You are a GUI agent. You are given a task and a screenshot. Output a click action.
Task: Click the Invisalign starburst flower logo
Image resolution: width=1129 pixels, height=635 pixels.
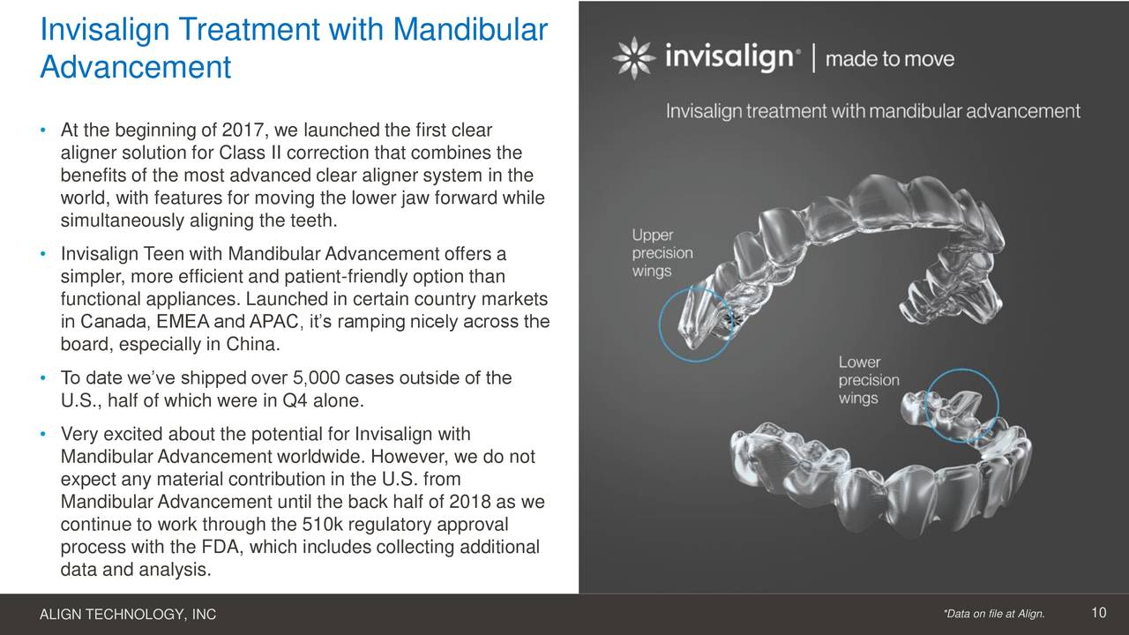(x=634, y=58)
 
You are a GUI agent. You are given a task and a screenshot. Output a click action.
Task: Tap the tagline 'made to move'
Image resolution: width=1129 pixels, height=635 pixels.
(x=890, y=59)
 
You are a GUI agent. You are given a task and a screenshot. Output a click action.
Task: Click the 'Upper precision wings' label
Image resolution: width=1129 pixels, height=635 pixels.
(x=662, y=253)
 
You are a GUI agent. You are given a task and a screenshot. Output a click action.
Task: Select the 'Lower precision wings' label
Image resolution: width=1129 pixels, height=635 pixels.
(x=869, y=380)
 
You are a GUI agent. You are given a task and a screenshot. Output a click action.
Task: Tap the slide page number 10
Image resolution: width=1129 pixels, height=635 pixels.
(x=1099, y=613)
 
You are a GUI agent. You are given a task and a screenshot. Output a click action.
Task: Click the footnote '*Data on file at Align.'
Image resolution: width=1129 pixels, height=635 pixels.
(x=994, y=614)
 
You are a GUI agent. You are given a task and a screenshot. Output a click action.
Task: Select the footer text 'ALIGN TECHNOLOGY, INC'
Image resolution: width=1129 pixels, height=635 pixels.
(x=128, y=615)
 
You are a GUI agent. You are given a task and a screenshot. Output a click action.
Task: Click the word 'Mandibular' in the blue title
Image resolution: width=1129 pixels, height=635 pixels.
(x=470, y=29)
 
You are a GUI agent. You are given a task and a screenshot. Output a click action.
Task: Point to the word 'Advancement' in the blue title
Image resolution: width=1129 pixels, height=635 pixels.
(x=136, y=67)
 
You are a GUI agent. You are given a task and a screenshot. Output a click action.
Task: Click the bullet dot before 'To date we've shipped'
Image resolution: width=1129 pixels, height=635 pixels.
(x=43, y=378)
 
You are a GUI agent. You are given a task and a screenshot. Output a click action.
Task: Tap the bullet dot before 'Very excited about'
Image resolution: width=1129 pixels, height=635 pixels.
(x=43, y=434)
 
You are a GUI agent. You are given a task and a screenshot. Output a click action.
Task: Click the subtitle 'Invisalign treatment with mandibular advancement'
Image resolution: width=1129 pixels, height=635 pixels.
(x=873, y=111)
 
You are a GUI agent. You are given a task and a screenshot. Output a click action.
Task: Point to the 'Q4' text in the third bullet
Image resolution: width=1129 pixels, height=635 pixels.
(x=295, y=400)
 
